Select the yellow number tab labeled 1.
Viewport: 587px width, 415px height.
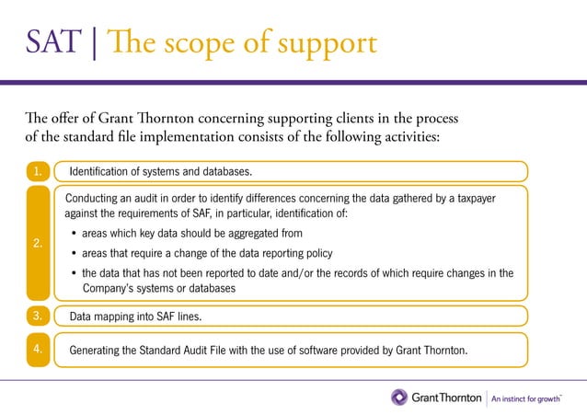[36, 171]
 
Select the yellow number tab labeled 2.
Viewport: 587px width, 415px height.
[36, 243]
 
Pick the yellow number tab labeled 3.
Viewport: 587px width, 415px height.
[36, 316]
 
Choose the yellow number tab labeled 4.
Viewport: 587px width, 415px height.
[36, 350]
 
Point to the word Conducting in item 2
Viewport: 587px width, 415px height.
[97, 197]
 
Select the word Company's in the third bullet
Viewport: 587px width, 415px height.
[113, 288]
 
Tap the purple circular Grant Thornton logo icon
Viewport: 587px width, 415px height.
[399, 398]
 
